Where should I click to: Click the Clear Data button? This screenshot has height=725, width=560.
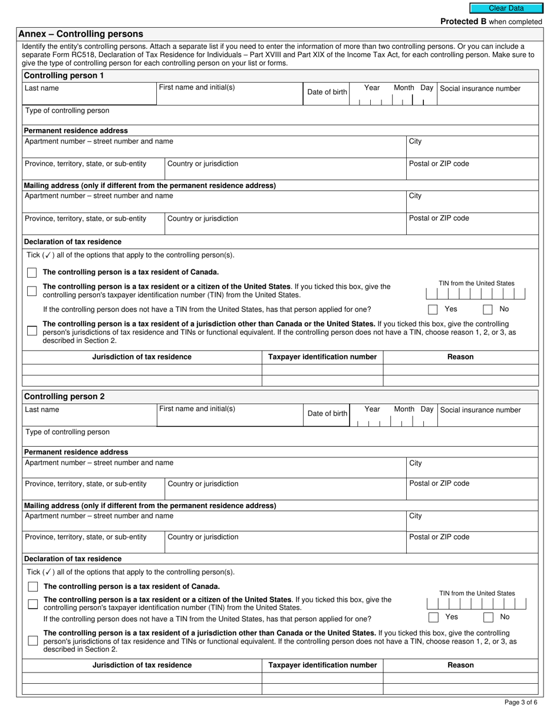point(505,8)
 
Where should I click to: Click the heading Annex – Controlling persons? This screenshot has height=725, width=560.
point(81,34)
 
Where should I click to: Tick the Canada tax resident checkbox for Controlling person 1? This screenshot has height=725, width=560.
point(32,272)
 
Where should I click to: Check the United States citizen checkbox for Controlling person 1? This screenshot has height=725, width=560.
point(32,291)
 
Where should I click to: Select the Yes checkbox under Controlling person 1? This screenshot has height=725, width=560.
point(433,309)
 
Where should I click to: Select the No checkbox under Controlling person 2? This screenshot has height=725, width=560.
point(488,617)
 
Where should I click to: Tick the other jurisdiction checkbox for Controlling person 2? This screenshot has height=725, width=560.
point(32,641)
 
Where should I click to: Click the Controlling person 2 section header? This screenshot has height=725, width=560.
point(64,397)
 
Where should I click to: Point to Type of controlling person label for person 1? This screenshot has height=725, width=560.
point(67,111)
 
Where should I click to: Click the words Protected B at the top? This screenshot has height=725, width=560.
point(464,22)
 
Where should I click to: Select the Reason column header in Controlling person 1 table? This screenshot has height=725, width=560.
point(460,357)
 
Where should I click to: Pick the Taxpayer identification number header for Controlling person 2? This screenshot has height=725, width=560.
point(322,665)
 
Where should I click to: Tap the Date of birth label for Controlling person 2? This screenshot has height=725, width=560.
point(327,414)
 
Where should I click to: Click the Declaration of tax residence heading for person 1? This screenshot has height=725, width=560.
point(73,242)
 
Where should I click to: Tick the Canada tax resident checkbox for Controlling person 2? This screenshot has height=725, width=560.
point(33,586)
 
